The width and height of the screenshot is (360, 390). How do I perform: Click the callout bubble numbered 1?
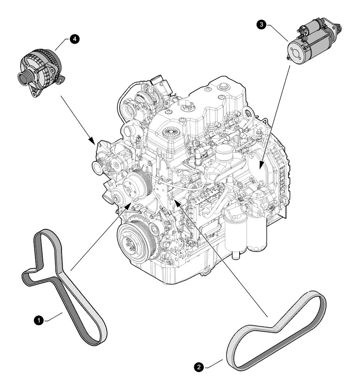coord(38,320)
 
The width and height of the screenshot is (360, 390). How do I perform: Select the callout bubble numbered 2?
coord(199,367)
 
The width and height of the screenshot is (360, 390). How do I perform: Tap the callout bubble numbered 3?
coord(263,25)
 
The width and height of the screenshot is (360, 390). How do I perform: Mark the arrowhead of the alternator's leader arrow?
coord(92,141)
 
